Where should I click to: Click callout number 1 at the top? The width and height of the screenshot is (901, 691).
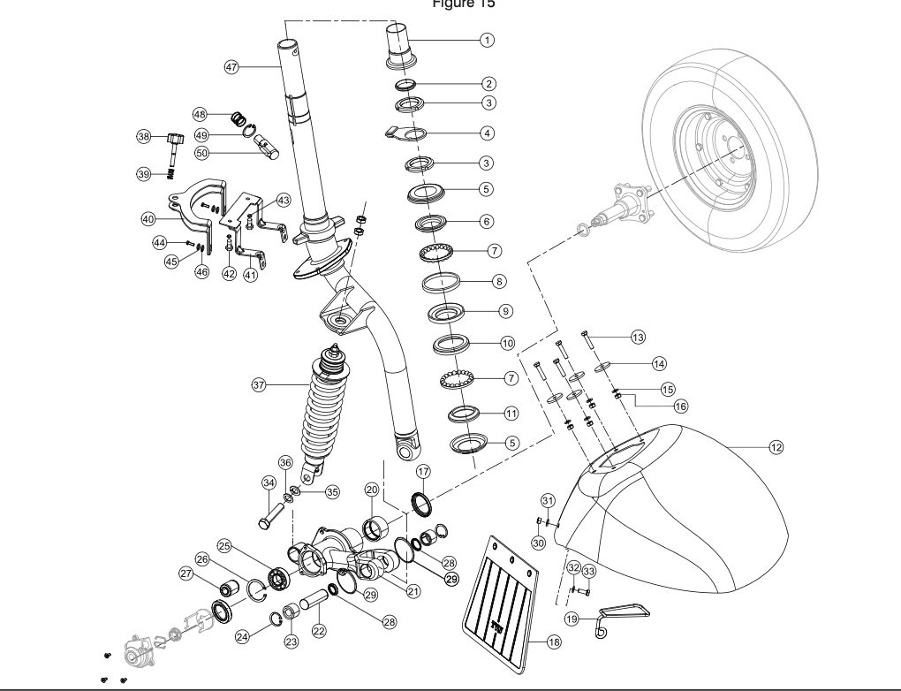pyautogui.click(x=485, y=40)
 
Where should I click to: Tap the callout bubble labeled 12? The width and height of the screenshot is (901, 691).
pyautogui.click(x=776, y=448)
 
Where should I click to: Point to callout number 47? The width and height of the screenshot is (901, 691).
pyautogui.click(x=231, y=67)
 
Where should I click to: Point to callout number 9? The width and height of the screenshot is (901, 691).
pyautogui.click(x=506, y=311)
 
